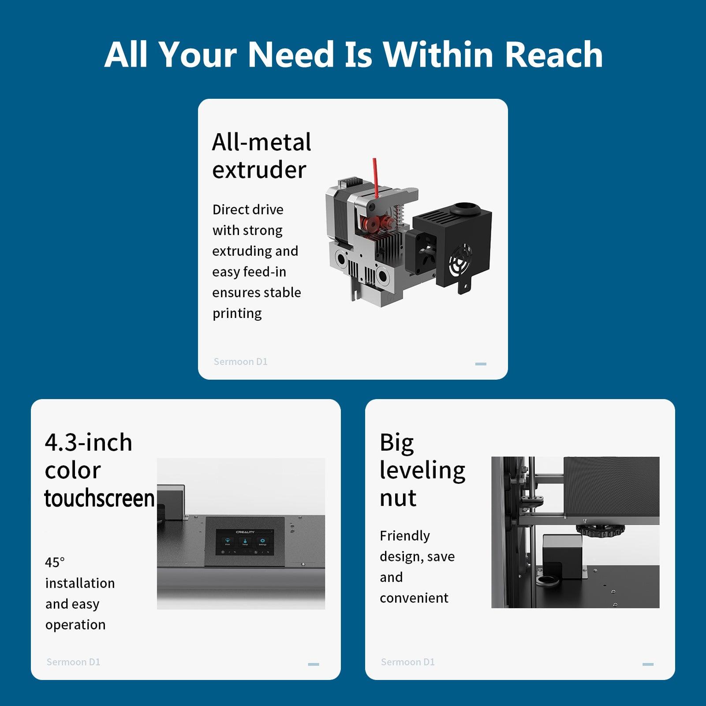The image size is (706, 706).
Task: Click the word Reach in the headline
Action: [x=553, y=54]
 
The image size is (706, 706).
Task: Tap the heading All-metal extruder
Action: [x=261, y=156]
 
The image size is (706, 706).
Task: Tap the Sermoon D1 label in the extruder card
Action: [x=241, y=362]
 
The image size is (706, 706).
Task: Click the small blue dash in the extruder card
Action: [x=481, y=364]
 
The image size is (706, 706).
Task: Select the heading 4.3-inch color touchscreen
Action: [x=100, y=470]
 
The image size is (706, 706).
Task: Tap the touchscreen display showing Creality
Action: [x=244, y=542]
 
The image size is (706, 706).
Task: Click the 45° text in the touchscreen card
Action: [x=55, y=562]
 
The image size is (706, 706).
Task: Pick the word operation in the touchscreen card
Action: [x=75, y=625]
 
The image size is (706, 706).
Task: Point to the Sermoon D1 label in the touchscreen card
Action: [x=74, y=662]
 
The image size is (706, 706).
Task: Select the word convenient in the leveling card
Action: [x=414, y=598]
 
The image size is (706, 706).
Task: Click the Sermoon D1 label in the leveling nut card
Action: [x=408, y=662]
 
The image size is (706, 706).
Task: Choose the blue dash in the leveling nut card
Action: [x=648, y=664]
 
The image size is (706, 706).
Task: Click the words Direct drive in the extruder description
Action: [x=248, y=209]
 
